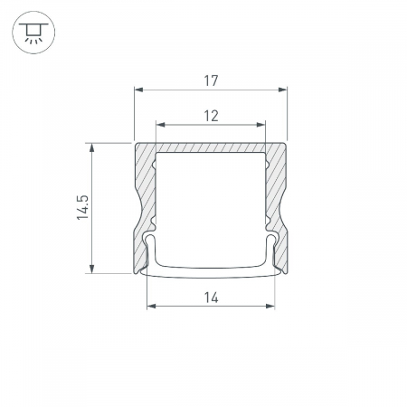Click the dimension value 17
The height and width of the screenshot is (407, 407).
coord(211,80)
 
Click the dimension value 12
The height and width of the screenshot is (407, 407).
coord(211,116)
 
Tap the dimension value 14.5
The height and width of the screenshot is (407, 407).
coord(82,207)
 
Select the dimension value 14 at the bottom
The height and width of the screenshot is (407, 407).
coord(211,298)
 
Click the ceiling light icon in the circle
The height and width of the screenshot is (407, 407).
coord(33,33)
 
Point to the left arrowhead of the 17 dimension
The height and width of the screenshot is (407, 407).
coord(138,90)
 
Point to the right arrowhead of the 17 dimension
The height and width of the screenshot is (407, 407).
coord(282,90)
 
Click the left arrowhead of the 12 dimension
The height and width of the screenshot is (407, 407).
coord(161,125)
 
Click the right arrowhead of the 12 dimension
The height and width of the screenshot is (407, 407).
coord(260,125)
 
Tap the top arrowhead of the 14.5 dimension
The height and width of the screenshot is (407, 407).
coord(91,147)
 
